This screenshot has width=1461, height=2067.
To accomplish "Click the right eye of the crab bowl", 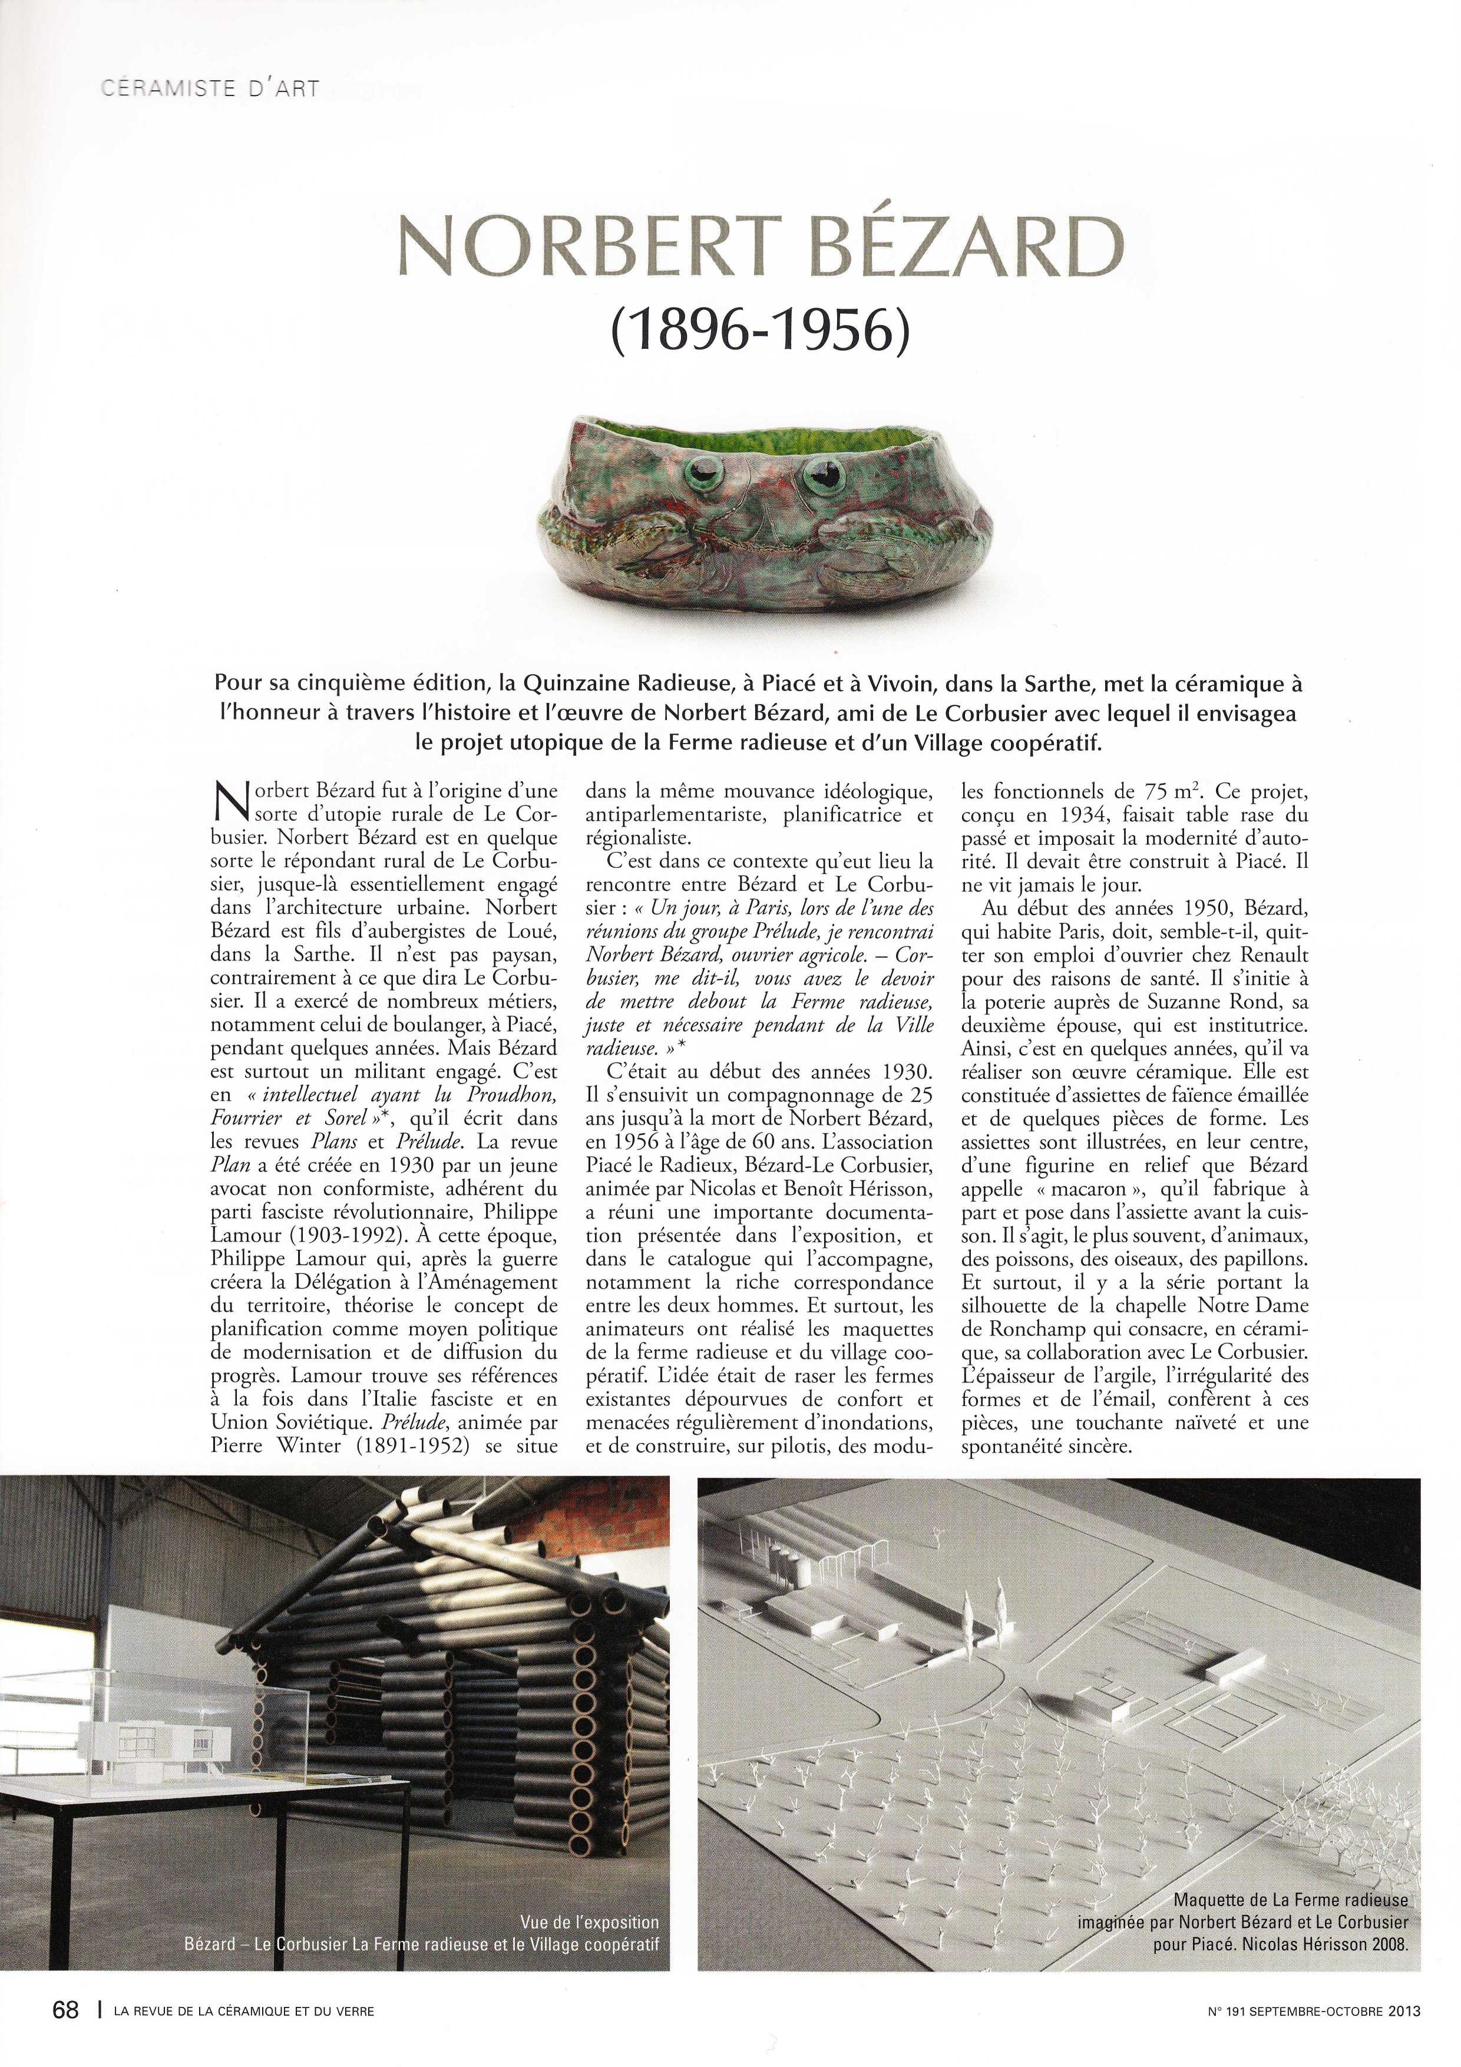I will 820,472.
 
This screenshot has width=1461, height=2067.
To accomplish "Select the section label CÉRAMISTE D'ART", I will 209,89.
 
